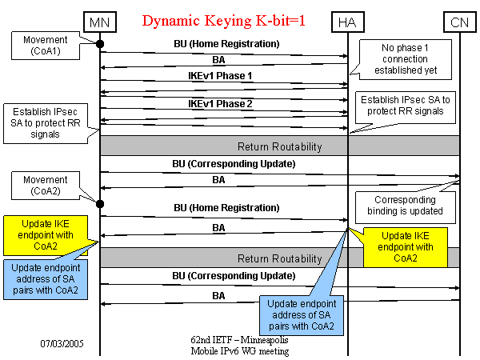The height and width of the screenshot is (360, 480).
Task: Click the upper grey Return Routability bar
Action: tap(279, 146)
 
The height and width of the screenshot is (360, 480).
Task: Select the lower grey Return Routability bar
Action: tap(279, 258)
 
